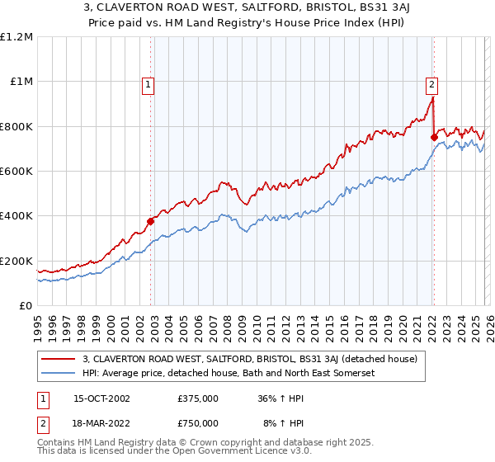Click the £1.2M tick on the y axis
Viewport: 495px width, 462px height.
click(x=16, y=36)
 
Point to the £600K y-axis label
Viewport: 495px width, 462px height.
click(x=16, y=172)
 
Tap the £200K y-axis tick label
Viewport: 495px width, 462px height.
click(x=16, y=261)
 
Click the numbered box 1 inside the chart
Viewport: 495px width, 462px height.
click(x=148, y=82)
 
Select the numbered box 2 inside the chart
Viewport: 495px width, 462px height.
click(x=431, y=82)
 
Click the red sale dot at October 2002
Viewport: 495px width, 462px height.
click(x=151, y=221)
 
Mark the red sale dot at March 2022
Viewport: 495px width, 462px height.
click(x=434, y=138)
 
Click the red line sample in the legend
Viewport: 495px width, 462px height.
click(x=59, y=359)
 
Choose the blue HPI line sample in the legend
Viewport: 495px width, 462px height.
click(x=59, y=373)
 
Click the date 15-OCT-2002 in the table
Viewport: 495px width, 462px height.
click(x=101, y=398)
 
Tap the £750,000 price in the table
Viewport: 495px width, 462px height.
click(x=198, y=422)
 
